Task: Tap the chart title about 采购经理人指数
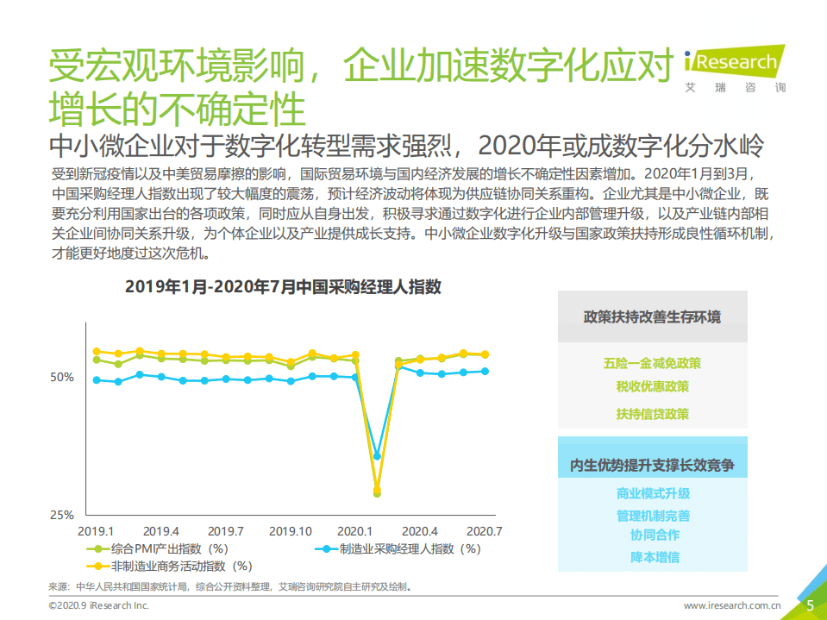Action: point(283,287)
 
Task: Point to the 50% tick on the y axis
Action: point(62,378)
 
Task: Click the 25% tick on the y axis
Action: point(62,515)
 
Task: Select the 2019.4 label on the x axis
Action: point(161,530)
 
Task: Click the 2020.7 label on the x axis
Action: point(483,530)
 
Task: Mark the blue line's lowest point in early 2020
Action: point(377,455)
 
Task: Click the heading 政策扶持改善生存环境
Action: point(652,316)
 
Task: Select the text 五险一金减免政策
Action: point(652,363)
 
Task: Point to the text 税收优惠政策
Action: point(652,386)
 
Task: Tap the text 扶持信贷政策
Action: point(652,414)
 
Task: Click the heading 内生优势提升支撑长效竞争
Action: point(652,466)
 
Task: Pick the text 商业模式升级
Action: point(653,494)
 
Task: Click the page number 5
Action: point(810,605)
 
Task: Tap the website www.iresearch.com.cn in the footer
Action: point(732,606)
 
